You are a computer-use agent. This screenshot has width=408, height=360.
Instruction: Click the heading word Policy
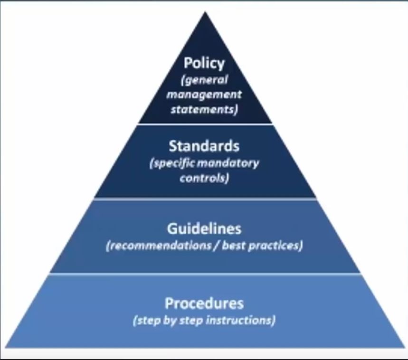[x=204, y=64]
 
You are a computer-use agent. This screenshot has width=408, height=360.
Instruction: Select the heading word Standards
[x=204, y=146]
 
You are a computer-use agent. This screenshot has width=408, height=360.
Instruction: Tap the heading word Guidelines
[x=204, y=228]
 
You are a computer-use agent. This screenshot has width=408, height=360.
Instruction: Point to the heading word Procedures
[x=204, y=303]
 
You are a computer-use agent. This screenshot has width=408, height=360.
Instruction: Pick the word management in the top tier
[x=204, y=95]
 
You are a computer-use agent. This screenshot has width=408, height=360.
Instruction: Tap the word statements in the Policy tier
[x=204, y=109]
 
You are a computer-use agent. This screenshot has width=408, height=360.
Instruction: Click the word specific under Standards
[x=172, y=164]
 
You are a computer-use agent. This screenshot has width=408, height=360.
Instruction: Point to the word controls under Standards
[x=205, y=178]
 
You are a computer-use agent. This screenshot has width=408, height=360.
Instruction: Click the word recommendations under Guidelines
[x=159, y=246]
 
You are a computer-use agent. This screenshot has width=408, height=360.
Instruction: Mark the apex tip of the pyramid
[x=205, y=12]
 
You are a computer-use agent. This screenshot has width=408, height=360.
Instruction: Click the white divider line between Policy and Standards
[x=205, y=124]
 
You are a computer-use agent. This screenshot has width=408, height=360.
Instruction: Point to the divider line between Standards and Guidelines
[x=205, y=199]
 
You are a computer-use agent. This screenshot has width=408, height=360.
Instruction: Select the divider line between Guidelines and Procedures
[x=205, y=274]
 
